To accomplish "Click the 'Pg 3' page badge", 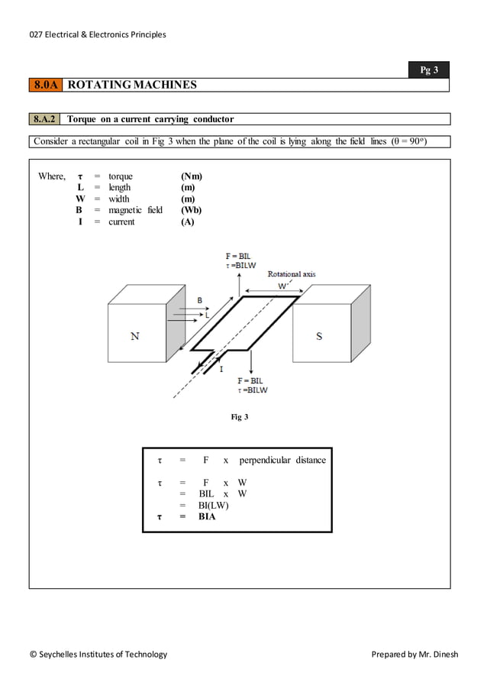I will click(430, 70).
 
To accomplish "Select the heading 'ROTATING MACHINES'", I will click(132, 85).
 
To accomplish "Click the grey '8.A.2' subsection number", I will click(46, 119).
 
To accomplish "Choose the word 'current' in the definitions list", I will click(121, 222).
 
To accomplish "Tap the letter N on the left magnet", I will click(135, 336).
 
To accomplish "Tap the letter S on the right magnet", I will click(319, 336).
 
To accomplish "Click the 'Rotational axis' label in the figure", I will click(291, 273).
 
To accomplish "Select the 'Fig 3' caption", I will click(240, 417).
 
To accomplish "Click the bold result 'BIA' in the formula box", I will click(207, 516).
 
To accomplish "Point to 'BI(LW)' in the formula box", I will click(213, 505).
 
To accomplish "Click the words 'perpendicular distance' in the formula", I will click(282, 460).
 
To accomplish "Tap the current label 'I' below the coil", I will click(221, 369).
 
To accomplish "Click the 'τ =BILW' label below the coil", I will click(253, 390).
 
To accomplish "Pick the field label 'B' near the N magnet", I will click(200, 300).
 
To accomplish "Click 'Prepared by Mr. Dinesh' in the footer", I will click(414, 654).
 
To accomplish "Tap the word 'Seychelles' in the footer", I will click(61, 654).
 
